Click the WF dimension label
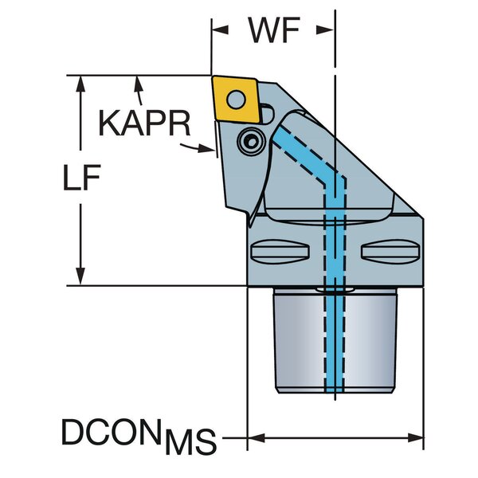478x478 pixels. click(x=274, y=30)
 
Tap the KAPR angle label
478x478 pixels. click(x=144, y=123)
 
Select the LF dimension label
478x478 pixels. click(x=81, y=178)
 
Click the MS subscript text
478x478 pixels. click(x=190, y=441)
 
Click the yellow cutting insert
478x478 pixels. click(x=237, y=100)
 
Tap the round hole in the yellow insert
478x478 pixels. click(x=237, y=100)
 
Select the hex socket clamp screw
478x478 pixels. click(x=252, y=142)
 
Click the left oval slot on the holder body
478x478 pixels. click(x=280, y=252)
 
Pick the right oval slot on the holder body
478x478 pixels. click(x=390, y=252)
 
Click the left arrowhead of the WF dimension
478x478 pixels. click(x=220, y=30)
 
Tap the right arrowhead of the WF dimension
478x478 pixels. click(x=325, y=30)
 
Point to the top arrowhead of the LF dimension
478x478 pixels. click(x=80, y=84)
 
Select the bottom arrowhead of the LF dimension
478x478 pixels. click(x=80, y=276)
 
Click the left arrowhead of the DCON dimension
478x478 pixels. click(x=256, y=438)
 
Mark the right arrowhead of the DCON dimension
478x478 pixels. click(x=414, y=438)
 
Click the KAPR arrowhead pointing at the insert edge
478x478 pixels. click(x=206, y=148)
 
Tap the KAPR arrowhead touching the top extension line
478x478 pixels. click(x=139, y=83)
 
